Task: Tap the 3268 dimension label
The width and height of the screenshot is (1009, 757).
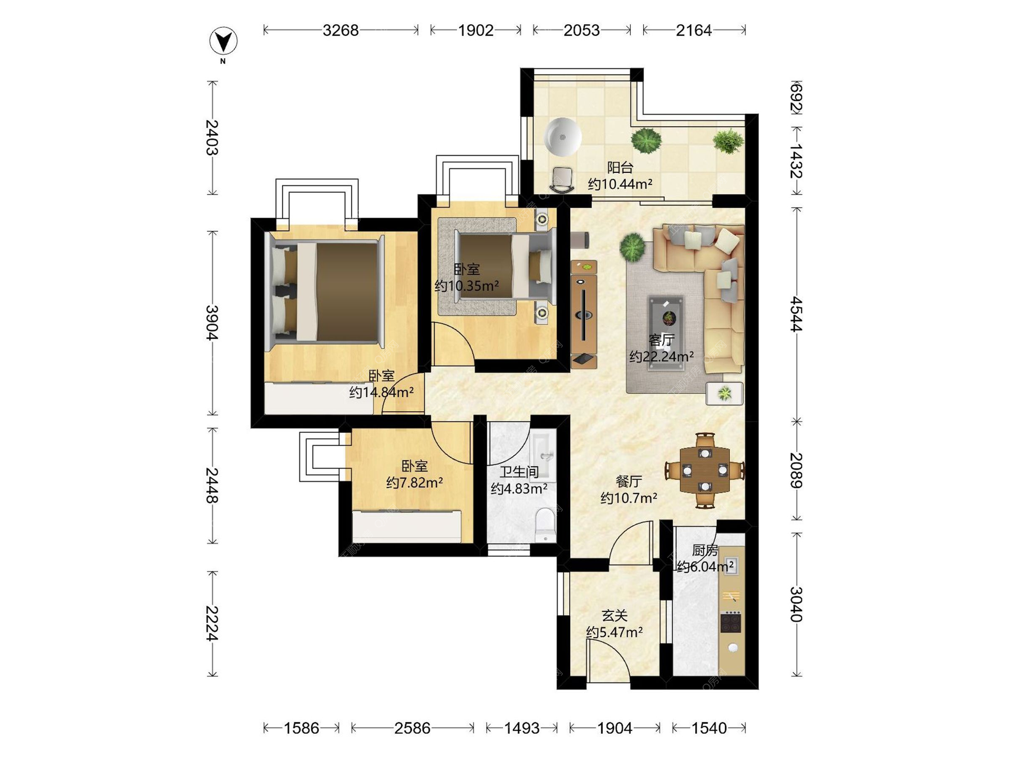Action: coord(341,30)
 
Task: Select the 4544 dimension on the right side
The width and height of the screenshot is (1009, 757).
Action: coord(797,314)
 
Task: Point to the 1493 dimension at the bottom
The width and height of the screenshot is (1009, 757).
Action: coord(521,728)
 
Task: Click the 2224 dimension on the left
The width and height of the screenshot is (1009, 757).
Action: coord(211,623)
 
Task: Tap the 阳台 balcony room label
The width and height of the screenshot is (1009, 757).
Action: coord(620,168)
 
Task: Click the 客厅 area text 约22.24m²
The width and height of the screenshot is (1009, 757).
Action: coord(662,357)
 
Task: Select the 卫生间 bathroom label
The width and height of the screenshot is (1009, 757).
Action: coord(519,472)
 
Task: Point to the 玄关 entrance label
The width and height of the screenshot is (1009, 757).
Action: coord(614,616)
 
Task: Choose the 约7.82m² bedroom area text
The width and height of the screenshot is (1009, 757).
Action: coord(414,483)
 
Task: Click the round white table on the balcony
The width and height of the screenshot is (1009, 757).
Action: coord(562,137)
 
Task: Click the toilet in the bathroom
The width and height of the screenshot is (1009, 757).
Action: coord(545,524)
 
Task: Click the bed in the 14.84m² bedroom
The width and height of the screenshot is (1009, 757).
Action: coord(325,292)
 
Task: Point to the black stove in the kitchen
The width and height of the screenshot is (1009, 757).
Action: coord(730,622)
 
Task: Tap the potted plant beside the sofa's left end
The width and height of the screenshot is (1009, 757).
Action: coord(632,247)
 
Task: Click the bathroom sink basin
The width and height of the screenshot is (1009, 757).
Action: coord(544,454)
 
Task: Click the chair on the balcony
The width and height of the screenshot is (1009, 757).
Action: coord(562,180)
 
